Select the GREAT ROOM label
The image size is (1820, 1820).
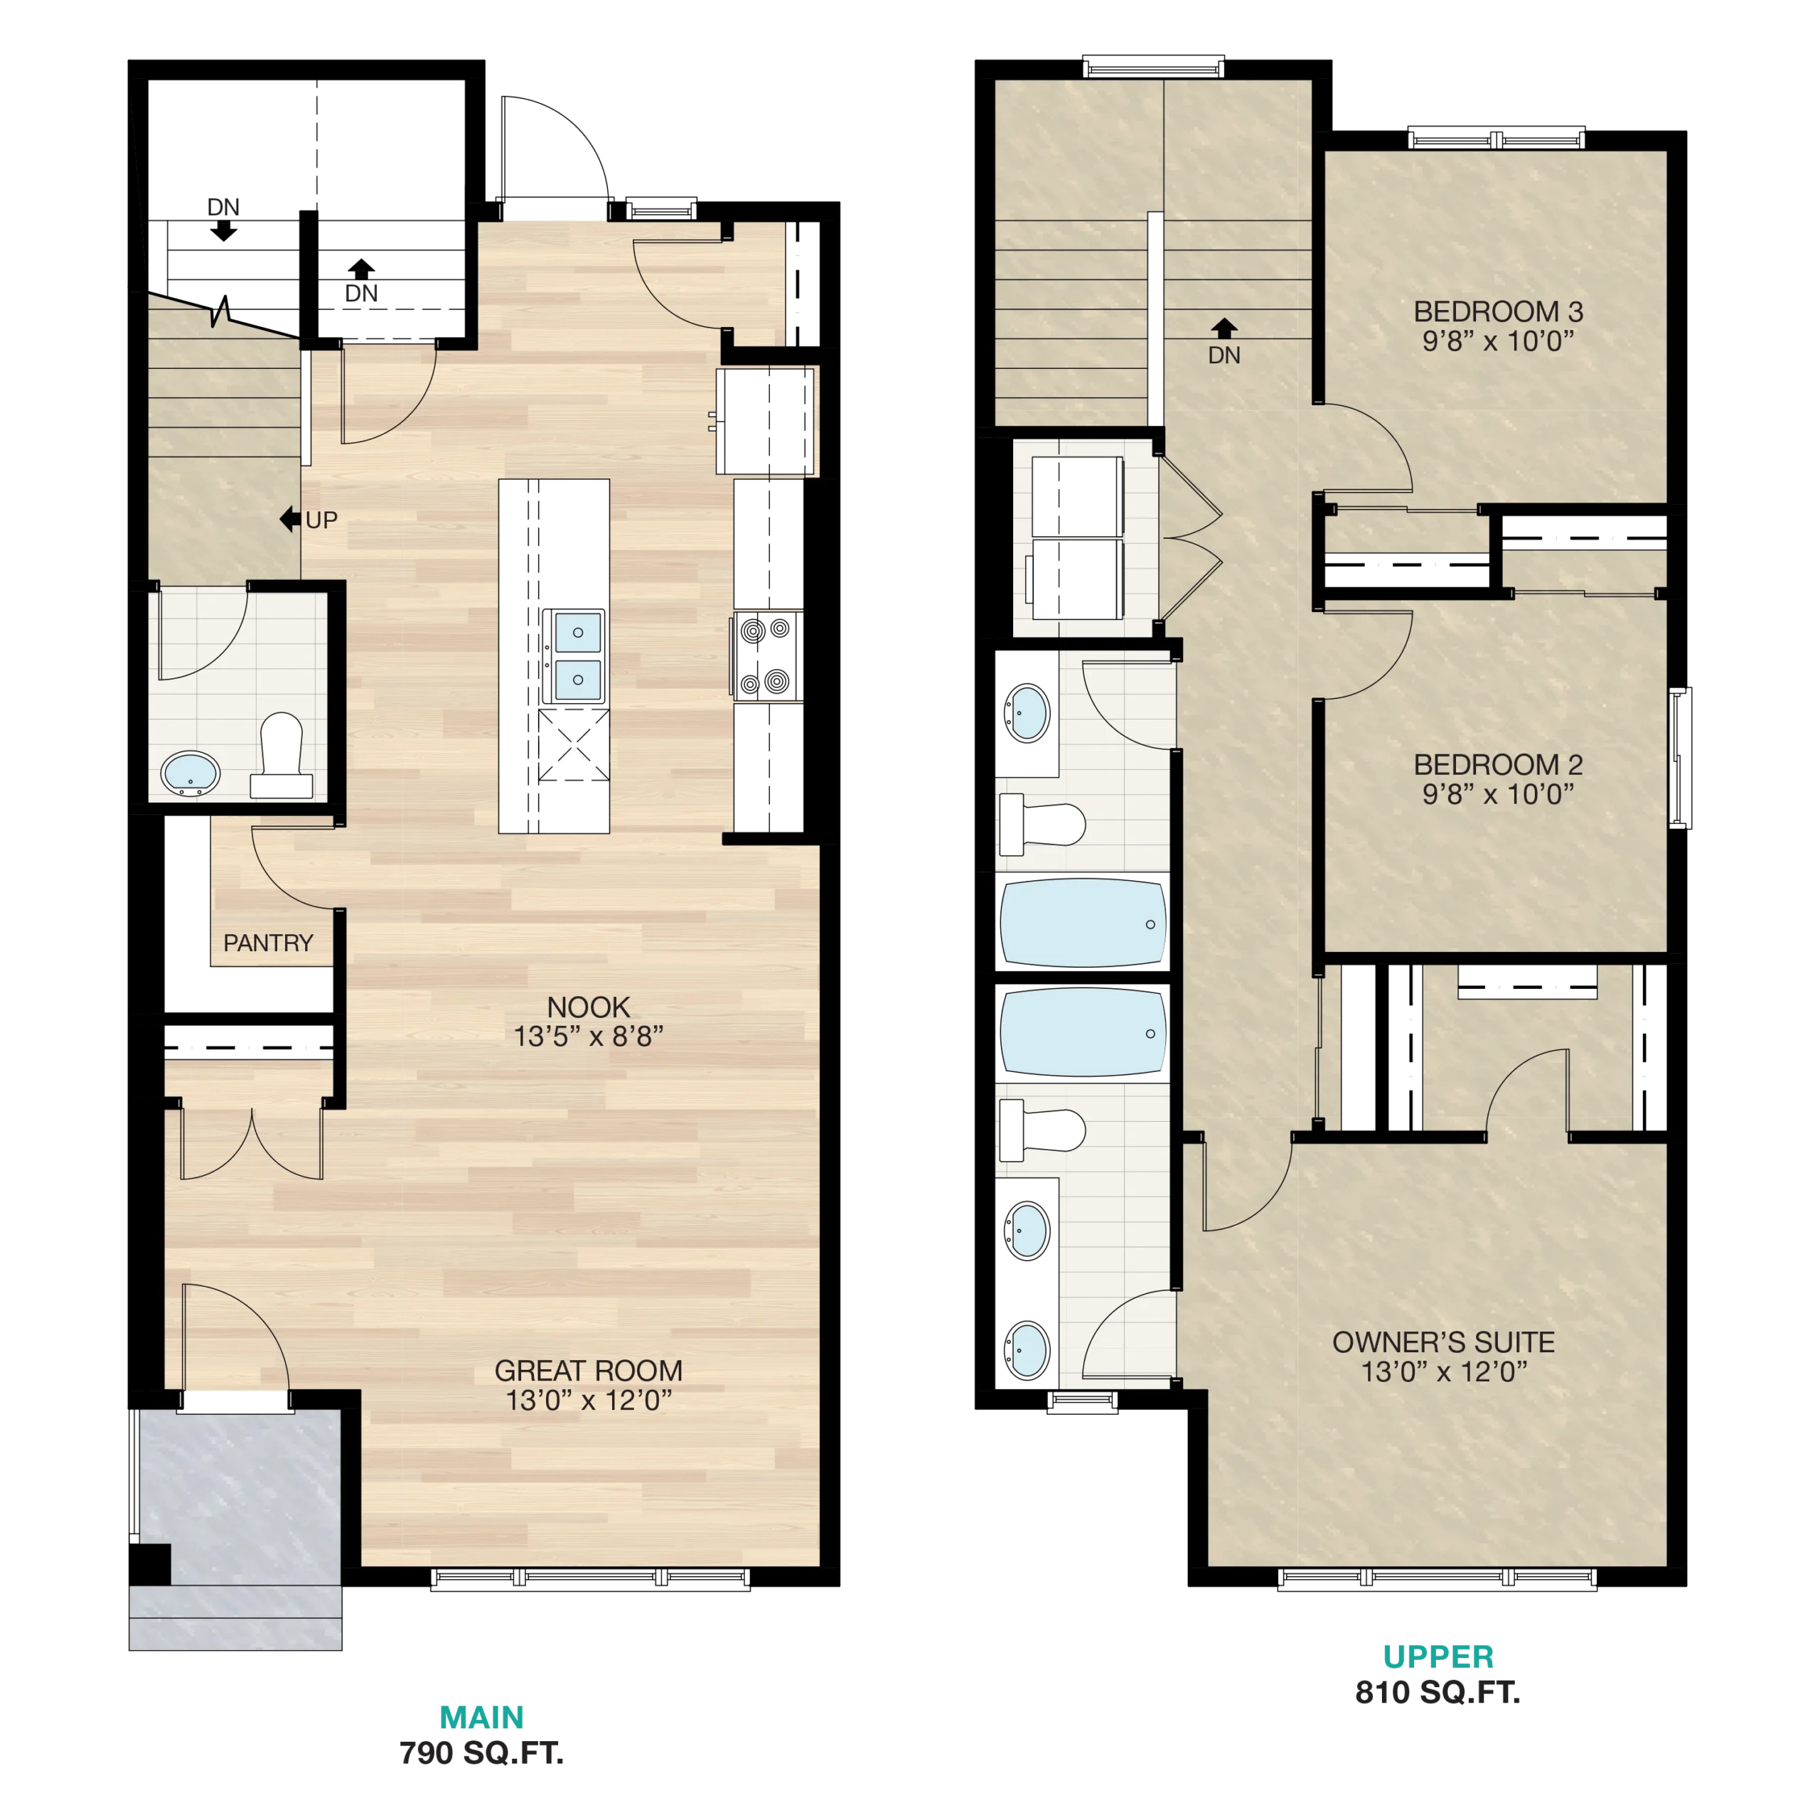coord(588,1371)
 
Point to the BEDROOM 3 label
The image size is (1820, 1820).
coord(1498,311)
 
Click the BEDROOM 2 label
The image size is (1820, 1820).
coord(1498,764)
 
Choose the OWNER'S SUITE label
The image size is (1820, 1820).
coord(1443,1342)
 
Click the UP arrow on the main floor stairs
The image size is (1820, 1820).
coord(290,519)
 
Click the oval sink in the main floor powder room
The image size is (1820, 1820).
coord(191,773)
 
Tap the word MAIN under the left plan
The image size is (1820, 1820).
coord(481,1718)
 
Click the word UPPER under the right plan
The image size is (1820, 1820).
coord(1438,1656)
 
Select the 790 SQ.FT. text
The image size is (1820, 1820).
coord(481,1753)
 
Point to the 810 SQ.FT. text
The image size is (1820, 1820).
coord(1438,1693)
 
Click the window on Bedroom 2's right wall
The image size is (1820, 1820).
coord(1680,759)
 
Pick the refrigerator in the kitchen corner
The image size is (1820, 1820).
coord(765,421)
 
